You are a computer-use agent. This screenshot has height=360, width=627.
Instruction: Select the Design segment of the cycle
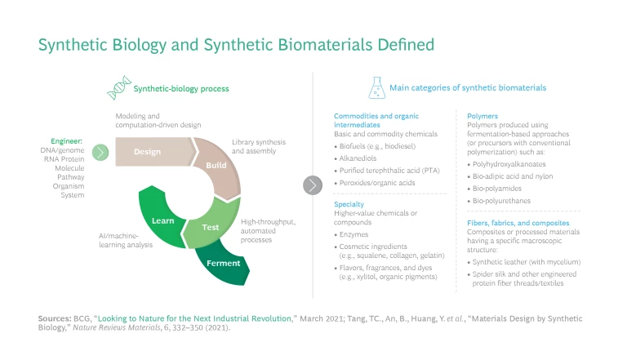coord(148,152)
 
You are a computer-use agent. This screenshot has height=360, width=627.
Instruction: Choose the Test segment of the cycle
coord(211,228)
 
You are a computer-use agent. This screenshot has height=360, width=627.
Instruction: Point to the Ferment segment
coord(223,264)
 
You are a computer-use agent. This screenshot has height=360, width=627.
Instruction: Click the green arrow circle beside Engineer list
coord(100,152)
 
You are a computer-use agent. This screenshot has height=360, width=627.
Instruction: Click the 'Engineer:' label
coord(67,140)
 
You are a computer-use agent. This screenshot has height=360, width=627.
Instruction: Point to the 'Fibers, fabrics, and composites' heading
coord(518,222)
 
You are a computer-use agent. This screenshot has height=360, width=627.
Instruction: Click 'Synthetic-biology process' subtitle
coord(181,87)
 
